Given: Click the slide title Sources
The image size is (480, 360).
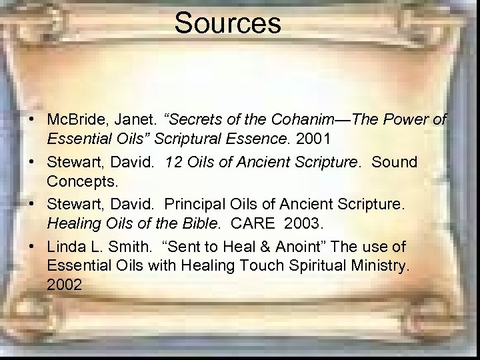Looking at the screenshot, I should (228, 23).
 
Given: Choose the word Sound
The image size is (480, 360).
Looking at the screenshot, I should (394, 162).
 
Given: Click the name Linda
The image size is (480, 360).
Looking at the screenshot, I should (66, 246).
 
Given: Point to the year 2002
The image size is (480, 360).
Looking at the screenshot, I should (65, 285).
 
